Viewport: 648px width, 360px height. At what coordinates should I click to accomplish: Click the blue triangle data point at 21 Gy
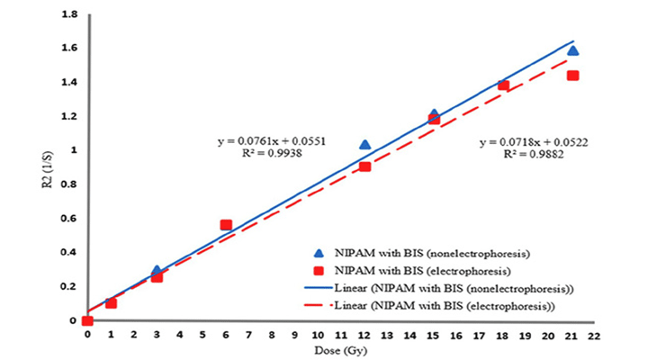pos(572,50)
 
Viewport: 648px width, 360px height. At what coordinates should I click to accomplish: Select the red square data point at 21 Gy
pos(572,76)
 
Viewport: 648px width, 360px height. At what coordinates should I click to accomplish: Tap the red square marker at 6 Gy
pos(226,225)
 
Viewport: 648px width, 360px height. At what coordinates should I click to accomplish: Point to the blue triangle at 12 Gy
pos(364,144)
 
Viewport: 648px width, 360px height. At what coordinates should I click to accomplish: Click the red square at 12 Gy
pos(364,166)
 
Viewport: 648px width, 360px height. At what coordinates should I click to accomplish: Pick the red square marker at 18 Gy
pos(503,85)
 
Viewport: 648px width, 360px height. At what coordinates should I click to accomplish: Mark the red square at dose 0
pos(87,320)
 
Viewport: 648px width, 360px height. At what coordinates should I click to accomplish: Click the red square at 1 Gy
pos(111,303)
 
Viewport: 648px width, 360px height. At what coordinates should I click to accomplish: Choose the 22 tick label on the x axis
pos(595,334)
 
